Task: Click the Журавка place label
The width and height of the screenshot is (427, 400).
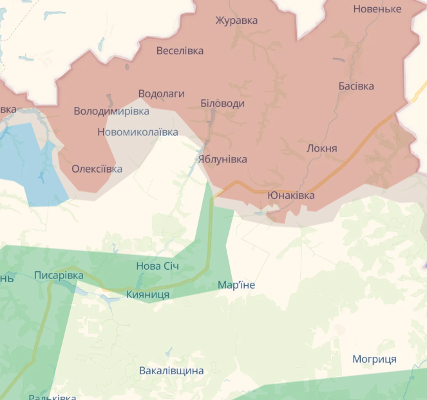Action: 236,21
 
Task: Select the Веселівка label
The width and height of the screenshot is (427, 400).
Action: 180,51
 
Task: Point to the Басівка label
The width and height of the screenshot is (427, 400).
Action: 356,86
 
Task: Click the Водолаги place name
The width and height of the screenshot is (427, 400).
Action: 161,94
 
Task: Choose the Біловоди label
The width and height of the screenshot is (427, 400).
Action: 222,104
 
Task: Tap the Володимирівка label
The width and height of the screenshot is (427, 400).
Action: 111,111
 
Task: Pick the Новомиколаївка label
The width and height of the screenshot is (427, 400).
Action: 138,133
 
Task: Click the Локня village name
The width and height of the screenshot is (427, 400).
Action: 321,148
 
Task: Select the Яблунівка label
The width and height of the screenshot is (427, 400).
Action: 222,159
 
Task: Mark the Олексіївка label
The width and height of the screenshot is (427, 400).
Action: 97,169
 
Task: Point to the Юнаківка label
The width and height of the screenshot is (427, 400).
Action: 290,195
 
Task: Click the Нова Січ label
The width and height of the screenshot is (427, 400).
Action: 157,267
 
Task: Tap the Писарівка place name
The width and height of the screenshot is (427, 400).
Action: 59,276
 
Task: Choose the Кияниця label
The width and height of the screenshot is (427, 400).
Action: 147,294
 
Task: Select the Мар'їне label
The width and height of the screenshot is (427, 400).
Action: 236,285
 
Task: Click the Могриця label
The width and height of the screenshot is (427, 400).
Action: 374,359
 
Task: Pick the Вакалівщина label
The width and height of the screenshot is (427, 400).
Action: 171,371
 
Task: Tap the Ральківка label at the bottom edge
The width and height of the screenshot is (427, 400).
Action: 52,396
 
